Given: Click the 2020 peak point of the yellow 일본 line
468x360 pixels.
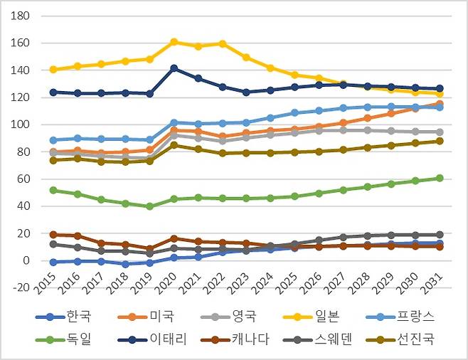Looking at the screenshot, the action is click(174, 42).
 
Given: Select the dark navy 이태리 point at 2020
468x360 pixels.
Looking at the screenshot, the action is click(174, 68).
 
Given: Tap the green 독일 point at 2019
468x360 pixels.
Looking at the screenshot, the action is click(150, 206).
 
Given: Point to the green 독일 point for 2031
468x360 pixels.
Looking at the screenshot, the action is click(440, 178).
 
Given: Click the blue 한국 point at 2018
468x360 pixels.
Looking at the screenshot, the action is click(126, 264).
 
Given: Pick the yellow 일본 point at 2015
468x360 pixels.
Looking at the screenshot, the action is click(53, 70).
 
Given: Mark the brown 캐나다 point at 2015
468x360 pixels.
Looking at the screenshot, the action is click(53, 235).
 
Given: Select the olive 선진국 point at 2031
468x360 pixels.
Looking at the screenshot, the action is click(440, 141).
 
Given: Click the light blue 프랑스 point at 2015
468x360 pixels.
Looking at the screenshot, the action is click(53, 140).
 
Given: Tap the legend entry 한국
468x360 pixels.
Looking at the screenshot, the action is click(63, 317).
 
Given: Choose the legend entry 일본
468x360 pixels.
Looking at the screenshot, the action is click(312, 317).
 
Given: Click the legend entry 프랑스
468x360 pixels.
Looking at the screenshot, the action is click(400, 317).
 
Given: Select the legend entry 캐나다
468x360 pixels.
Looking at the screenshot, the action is click(235, 339).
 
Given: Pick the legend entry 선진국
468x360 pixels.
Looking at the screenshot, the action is click(400, 339).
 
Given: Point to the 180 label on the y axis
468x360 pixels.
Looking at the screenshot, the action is click(21, 16).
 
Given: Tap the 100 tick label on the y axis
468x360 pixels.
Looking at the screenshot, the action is click(21, 125).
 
